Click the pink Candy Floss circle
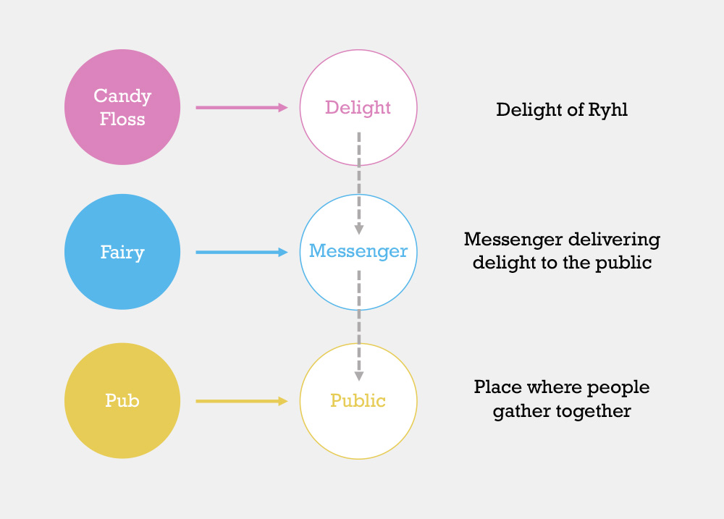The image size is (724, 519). point(122,107)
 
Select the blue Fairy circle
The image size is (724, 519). point(122,252)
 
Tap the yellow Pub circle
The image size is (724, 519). point(122,401)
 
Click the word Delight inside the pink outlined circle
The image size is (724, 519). point(358,108)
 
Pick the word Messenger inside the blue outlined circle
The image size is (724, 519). point(358,252)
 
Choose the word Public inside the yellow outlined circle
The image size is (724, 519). point(358,400)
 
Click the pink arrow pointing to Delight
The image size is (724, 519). point(242,108)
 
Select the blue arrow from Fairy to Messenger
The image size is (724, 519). point(242,252)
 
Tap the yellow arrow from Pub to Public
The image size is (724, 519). point(242,401)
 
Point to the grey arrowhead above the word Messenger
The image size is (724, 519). point(359,229)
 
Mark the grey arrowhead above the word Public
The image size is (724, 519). point(359,376)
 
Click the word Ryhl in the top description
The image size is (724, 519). point(608,110)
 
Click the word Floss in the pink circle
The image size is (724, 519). point(122,119)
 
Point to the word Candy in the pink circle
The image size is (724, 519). point(122,96)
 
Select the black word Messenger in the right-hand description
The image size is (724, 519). point(513,240)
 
